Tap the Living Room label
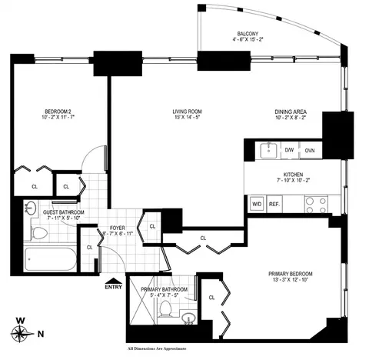[185, 112]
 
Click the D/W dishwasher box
[290, 150]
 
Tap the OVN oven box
[310, 150]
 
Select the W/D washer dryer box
[257, 205]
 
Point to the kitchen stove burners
[314, 205]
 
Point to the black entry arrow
[115, 281]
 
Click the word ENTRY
[113, 288]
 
